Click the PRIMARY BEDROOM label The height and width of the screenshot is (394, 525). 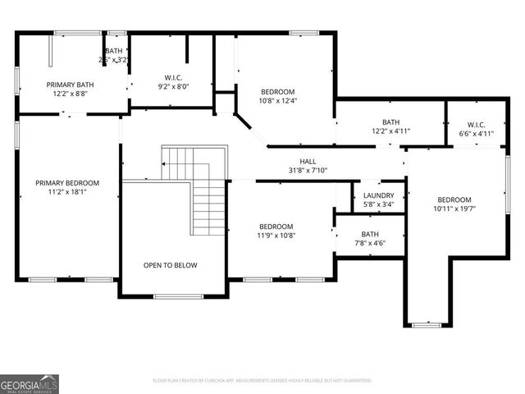66,182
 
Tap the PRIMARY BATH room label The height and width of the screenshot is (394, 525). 69,85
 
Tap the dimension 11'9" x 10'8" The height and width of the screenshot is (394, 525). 276,235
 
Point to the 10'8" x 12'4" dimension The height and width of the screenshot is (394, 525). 277,101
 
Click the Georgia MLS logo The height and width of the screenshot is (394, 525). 30,383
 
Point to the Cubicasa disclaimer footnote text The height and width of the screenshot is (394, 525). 262,381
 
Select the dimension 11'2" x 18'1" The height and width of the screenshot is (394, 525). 66,192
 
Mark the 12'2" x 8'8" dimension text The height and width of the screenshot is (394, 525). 69,94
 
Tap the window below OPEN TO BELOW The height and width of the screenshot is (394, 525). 173,296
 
